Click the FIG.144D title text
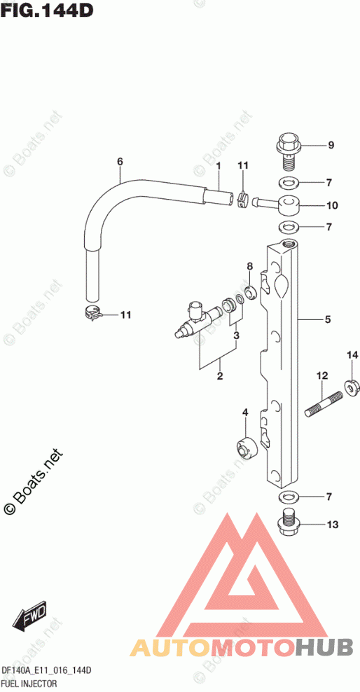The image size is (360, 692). [x=48, y=9]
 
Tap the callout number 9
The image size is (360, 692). [x=331, y=145]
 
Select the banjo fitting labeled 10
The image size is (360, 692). [x=277, y=205]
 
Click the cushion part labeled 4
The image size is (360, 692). [x=246, y=449]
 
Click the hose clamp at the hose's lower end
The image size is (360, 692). [x=92, y=313]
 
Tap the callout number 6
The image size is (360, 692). [x=120, y=162]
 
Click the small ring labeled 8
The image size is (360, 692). [x=250, y=291]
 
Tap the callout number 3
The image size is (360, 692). [x=236, y=336]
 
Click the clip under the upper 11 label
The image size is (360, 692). [x=242, y=200]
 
